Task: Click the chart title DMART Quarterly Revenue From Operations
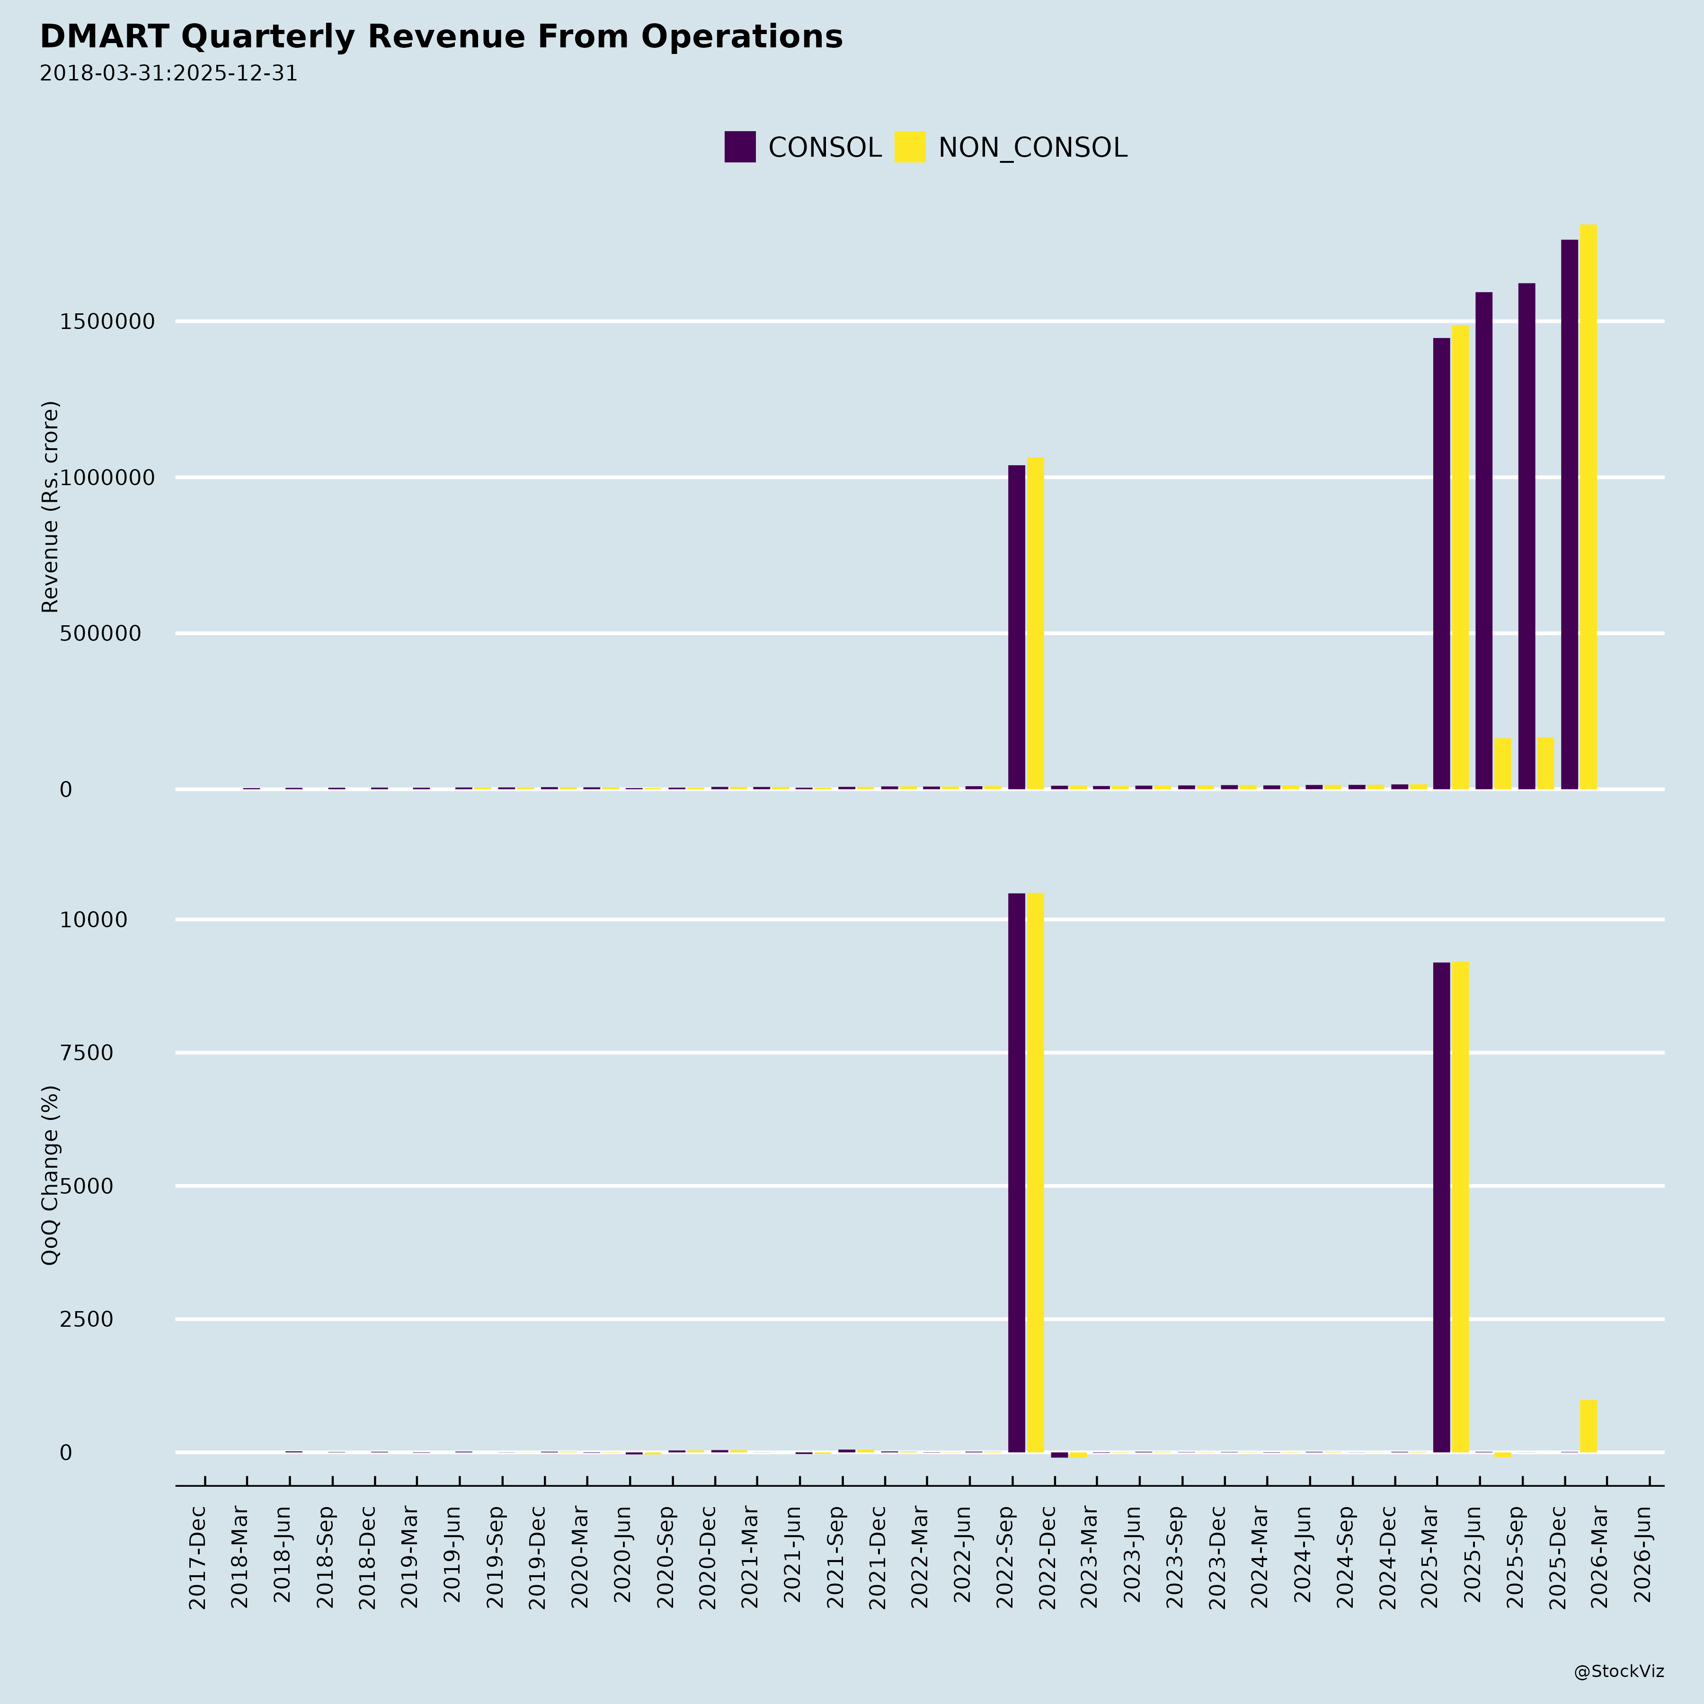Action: coord(441,37)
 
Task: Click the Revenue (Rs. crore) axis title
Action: coord(50,507)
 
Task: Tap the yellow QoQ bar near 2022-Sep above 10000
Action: coord(1035,1173)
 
